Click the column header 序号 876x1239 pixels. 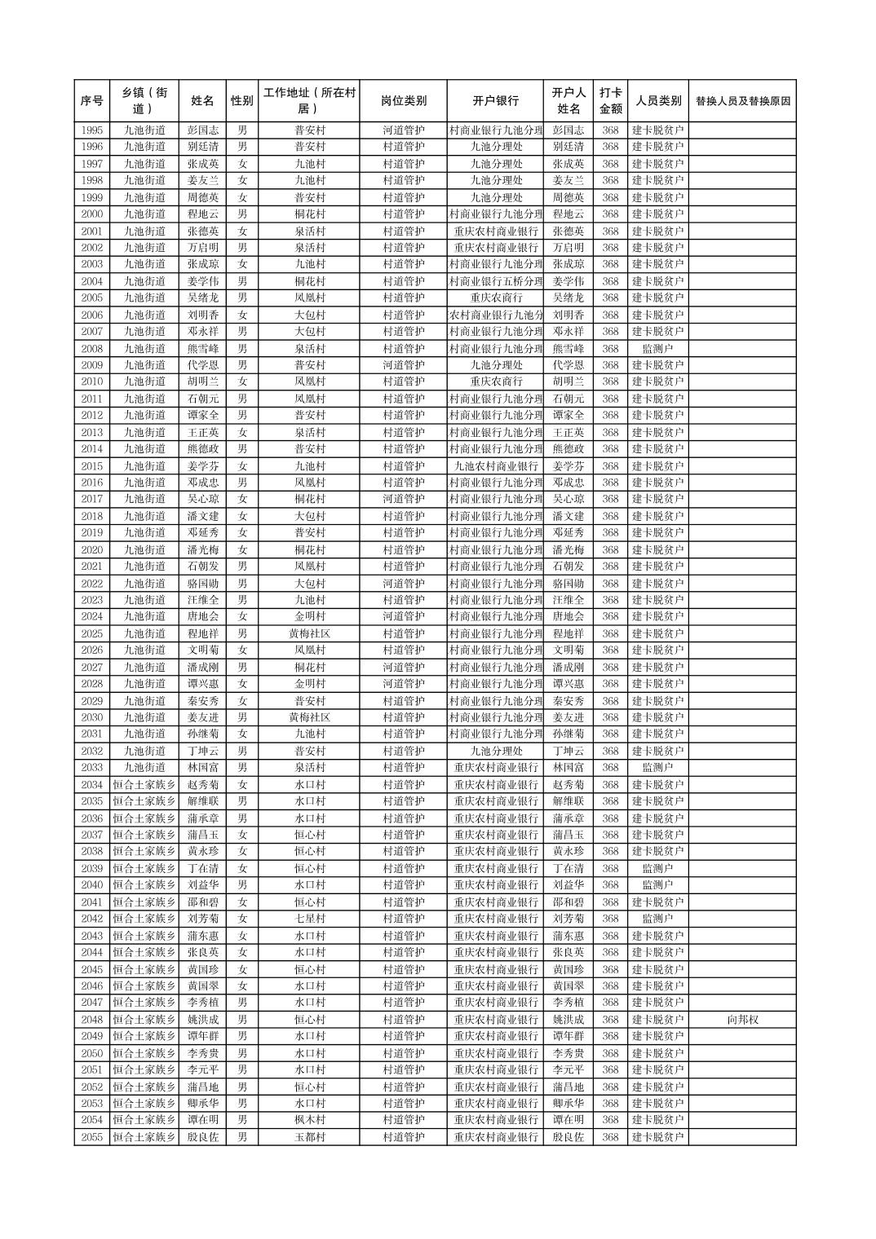(92, 101)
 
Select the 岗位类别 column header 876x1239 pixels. (403, 101)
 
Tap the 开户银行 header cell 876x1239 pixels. (495, 101)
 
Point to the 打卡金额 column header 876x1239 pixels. (610, 101)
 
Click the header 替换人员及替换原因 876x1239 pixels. (742, 101)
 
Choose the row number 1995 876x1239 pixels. (92, 130)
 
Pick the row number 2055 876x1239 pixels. (92, 1137)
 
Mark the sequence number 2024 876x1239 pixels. (92, 617)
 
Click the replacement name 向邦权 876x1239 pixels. (742, 1020)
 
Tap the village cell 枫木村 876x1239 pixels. (309, 1120)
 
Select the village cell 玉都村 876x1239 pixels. (309, 1137)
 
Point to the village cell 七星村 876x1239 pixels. (309, 919)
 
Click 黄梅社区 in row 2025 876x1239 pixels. (309, 633)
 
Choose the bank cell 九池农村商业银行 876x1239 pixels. (495, 466)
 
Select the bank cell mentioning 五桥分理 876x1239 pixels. (495, 281)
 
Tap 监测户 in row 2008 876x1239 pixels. (657, 349)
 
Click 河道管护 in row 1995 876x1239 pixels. (403, 130)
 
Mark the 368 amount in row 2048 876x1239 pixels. (610, 1020)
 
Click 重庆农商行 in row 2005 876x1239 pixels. (495, 298)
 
